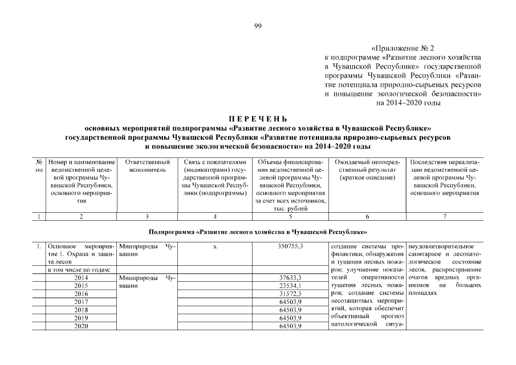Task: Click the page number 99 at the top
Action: [x=258, y=26]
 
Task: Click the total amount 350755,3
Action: [x=290, y=245]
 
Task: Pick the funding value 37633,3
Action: [x=290, y=277]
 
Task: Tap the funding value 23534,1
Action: [x=290, y=285]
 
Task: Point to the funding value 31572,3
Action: [x=290, y=293]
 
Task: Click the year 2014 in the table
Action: [x=81, y=277]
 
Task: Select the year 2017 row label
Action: [x=81, y=301]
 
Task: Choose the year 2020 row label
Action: [x=81, y=326]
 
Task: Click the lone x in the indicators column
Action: [x=214, y=246]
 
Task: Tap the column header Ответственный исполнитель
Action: [x=147, y=166]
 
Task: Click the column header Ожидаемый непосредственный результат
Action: [x=367, y=170]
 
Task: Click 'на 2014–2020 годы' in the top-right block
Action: [x=408, y=103]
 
